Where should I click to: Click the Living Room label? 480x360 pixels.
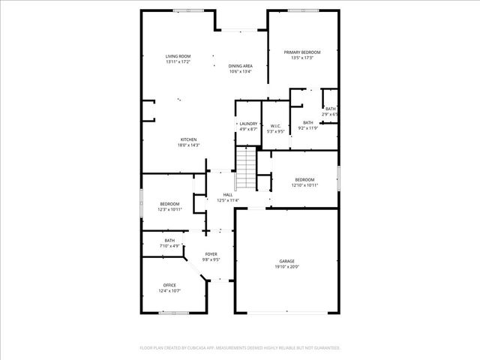(x=178, y=56)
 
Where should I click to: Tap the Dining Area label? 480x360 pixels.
(x=240, y=66)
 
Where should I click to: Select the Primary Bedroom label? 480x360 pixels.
(x=302, y=52)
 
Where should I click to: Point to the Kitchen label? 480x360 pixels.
(x=188, y=140)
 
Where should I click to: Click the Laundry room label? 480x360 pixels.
(x=248, y=124)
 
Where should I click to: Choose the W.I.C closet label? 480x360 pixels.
(x=275, y=126)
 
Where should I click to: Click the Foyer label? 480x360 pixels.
(x=211, y=254)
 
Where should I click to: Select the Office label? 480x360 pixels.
(x=169, y=285)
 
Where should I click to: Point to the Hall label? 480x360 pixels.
(x=227, y=195)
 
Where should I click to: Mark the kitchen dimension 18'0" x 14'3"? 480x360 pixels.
(x=188, y=145)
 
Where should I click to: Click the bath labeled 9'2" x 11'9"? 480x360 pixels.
(x=307, y=124)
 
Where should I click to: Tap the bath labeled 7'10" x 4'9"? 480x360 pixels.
(x=169, y=242)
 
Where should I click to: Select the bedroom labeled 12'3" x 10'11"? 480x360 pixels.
(x=169, y=206)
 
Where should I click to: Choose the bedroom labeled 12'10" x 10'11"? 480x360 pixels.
(x=304, y=182)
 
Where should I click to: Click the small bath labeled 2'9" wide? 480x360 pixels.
(x=331, y=111)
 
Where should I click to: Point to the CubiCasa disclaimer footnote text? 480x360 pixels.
(x=240, y=348)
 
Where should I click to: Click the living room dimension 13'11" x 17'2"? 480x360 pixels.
(x=178, y=61)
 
